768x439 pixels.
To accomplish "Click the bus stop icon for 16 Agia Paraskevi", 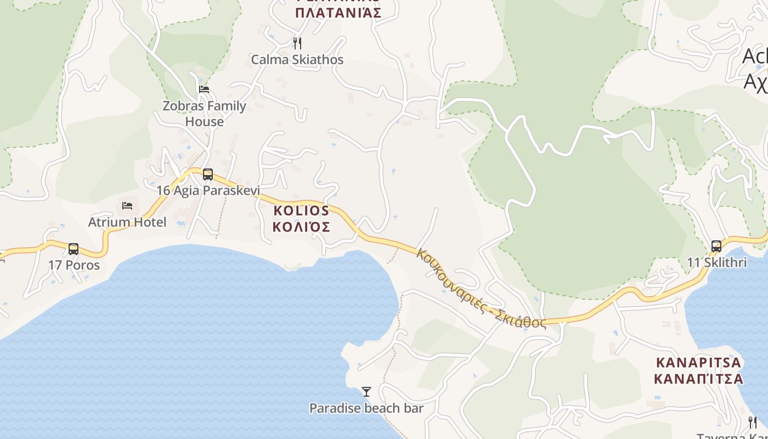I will (x=208, y=175).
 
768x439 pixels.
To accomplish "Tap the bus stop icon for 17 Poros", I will (x=74, y=249).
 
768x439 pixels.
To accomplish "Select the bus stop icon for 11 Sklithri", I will (x=716, y=246).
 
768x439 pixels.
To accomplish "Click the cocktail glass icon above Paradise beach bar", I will (x=366, y=391).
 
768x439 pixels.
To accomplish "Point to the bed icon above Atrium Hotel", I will (x=127, y=206).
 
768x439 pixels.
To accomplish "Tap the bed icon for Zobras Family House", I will (x=204, y=89).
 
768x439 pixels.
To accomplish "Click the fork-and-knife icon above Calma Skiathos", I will (x=297, y=43).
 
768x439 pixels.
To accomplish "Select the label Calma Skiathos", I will (x=297, y=59).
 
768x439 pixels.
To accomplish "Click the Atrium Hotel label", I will (x=127, y=222).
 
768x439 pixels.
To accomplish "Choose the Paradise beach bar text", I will (x=366, y=408).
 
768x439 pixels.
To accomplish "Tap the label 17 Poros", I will (x=74, y=265).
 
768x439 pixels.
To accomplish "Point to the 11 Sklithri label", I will (x=717, y=262).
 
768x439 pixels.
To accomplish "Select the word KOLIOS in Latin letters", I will (x=302, y=211).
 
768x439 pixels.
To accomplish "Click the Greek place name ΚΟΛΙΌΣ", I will (x=302, y=227).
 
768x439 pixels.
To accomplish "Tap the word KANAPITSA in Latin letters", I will (x=698, y=363).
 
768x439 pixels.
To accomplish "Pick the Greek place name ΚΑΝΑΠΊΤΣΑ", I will (x=698, y=379).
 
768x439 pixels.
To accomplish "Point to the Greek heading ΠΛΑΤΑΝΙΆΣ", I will (x=338, y=13).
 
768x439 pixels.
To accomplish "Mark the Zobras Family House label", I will (x=205, y=114).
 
